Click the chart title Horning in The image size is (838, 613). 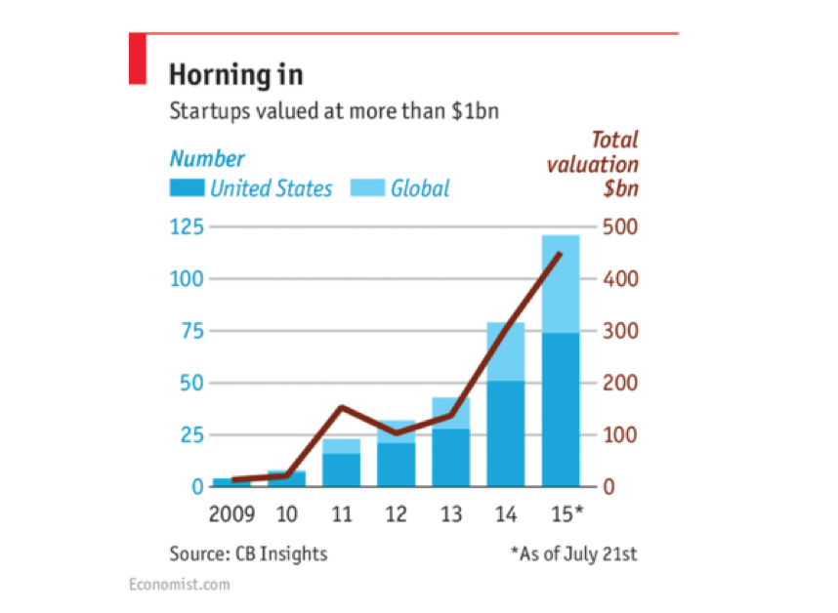(x=235, y=74)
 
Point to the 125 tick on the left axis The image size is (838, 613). (x=187, y=227)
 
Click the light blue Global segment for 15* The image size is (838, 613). (x=561, y=284)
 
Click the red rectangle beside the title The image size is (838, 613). (x=138, y=58)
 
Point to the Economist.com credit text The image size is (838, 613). (x=180, y=584)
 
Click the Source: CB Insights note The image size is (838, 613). (x=248, y=553)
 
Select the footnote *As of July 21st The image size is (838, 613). (x=573, y=553)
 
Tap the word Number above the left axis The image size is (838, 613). (x=207, y=159)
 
